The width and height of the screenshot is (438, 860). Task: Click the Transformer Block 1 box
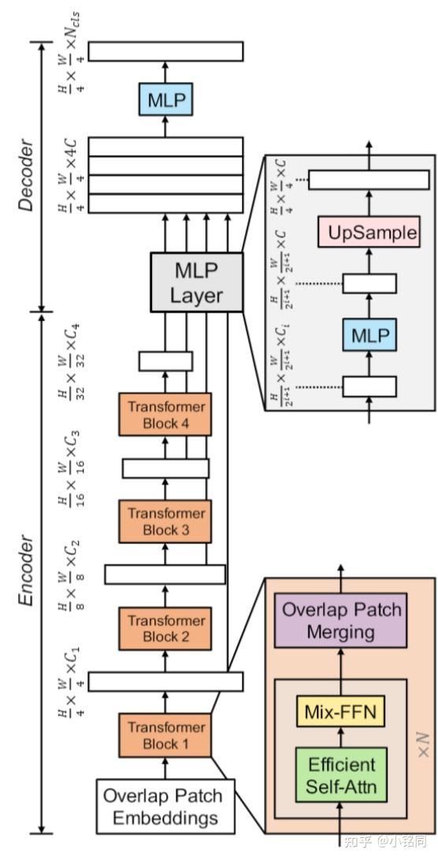(165, 734)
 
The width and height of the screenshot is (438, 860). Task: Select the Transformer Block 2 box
(165, 628)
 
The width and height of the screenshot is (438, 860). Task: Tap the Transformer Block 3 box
(165, 521)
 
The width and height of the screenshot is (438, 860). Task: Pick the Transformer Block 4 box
(165, 414)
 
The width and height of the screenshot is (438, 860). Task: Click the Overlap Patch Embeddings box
(165, 806)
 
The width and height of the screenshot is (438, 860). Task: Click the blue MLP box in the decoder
(165, 100)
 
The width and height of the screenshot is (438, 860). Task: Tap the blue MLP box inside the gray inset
(369, 335)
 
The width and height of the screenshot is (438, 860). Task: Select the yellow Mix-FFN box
(341, 713)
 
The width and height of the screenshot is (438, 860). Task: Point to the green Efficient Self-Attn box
(341, 774)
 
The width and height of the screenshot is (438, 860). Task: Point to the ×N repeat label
(421, 742)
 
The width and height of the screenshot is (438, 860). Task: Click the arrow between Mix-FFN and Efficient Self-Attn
(341, 737)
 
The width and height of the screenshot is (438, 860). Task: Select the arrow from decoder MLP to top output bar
(165, 71)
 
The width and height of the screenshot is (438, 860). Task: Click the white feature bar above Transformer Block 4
(165, 361)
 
